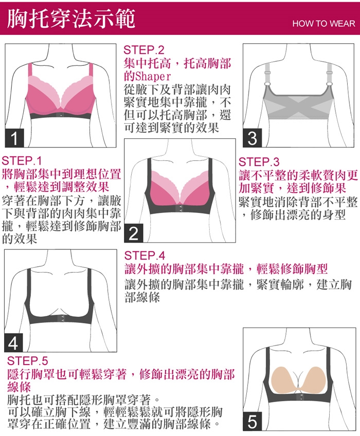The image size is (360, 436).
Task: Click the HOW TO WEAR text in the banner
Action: tap(323, 24)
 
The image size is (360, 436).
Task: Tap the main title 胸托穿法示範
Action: tap(71, 19)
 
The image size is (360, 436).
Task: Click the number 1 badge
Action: tap(14, 138)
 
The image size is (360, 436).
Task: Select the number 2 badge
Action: tap(134, 233)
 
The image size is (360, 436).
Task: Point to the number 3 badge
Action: tap(253, 138)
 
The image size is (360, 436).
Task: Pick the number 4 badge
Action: tap(13, 343)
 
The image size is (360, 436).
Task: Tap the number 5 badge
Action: tap(253, 421)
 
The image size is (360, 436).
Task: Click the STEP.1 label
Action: tap(22, 161)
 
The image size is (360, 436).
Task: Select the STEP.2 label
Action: tap(144, 50)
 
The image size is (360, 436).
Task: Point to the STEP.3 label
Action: tap(259, 162)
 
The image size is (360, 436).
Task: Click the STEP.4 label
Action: tap(145, 255)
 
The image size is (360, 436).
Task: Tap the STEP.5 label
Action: tap(27, 361)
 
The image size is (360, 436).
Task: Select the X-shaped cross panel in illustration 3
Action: tap(298, 106)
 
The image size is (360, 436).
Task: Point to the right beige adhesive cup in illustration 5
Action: tap(315, 380)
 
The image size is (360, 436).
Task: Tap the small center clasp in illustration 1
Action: tap(61, 115)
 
